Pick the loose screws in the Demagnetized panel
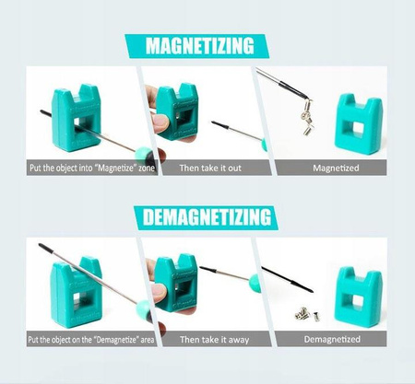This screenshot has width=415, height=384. pyautogui.click(x=303, y=313)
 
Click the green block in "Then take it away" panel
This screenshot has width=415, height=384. pyautogui.click(x=174, y=282)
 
